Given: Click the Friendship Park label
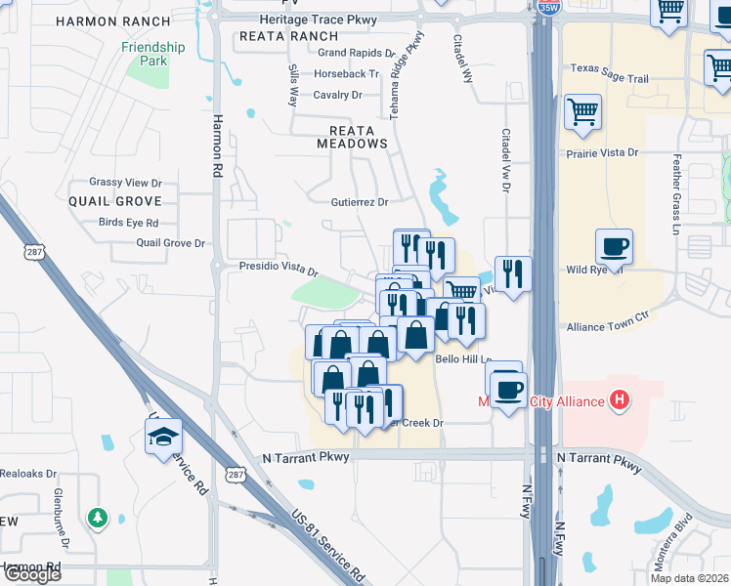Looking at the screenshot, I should (x=153, y=54).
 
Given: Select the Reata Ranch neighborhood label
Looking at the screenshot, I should (x=288, y=36).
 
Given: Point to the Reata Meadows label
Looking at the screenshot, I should (x=352, y=136).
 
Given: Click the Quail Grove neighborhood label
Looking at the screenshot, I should (x=114, y=200).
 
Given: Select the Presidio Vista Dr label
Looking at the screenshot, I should (x=279, y=266).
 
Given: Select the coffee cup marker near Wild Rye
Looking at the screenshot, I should (x=614, y=247).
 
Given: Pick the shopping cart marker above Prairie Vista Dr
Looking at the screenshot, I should (x=582, y=111).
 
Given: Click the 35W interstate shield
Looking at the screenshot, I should (x=547, y=8).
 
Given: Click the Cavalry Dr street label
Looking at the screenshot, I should (x=338, y=95).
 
